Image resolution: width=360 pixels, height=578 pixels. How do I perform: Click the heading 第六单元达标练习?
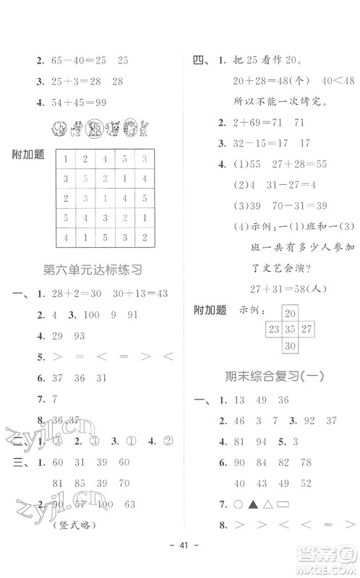[x=92, y=270]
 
